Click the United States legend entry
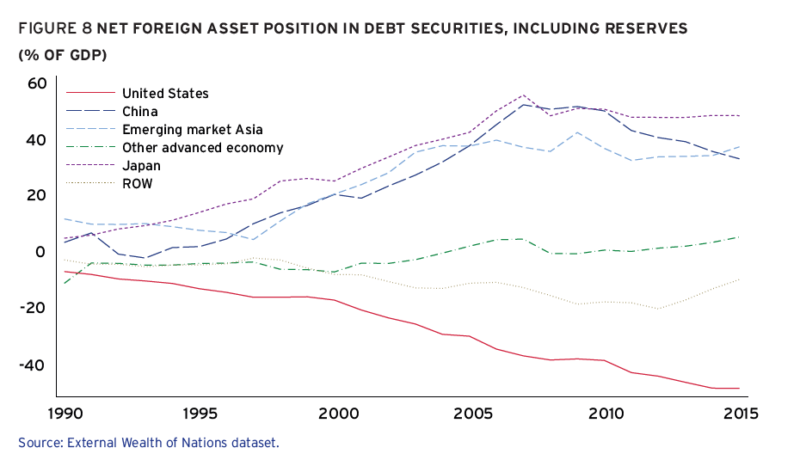click(x=165, y=93)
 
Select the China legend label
click(x=139, y=111)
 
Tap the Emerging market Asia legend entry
click(x=192, y=129)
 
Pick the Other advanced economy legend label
click(x=202, y=147)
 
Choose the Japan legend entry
click(x=141, y=165)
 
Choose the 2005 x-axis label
click(x=470, y=413)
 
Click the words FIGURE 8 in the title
click(x=54, y=28)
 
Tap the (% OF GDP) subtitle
click(x=57, y=55)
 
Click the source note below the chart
click(x=149, y=443)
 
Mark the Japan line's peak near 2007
click(x=524, y=95)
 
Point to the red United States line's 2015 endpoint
click(x=739, y=389)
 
